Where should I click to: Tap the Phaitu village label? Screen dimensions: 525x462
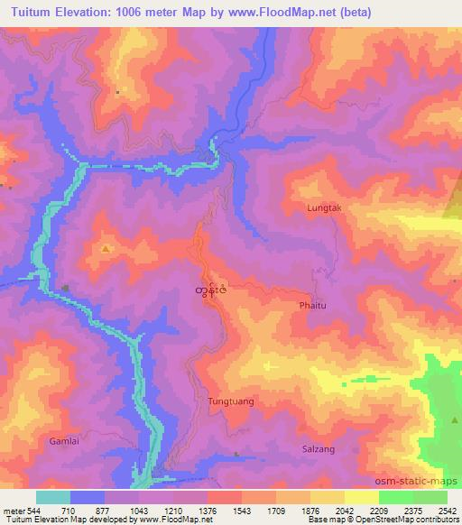coord(313,306)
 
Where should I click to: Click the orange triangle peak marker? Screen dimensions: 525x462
coord(106,248)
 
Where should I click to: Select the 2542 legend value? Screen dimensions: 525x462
coord(448,511)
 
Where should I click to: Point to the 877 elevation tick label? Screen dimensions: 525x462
coord(103,511)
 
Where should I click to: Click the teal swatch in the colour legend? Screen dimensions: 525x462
coord(51,498)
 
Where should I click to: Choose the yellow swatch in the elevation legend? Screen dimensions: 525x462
coord(361,498)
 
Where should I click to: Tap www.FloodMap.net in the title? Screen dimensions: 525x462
coord(284,13)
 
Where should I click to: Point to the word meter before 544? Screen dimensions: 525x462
coord(14,511)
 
